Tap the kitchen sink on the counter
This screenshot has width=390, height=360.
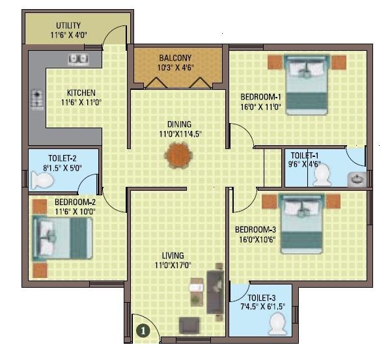point(78,59)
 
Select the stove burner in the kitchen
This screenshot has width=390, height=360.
point(36,100)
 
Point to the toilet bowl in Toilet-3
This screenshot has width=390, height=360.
point(278,323)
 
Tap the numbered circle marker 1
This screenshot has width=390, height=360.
point(141,330)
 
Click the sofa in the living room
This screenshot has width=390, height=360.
point(216,291)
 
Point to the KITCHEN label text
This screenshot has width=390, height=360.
point(81,92)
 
